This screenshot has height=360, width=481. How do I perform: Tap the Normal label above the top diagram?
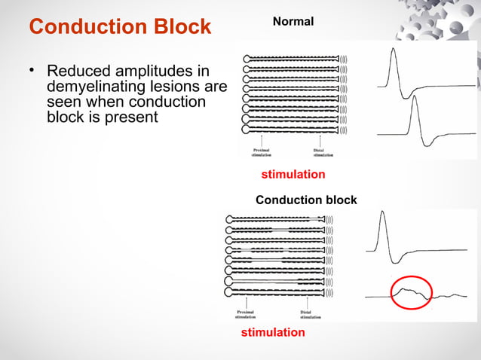coord(293,22)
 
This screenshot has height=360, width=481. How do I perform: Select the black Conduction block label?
coord(306,200)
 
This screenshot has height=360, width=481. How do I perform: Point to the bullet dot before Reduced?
coord(33,71)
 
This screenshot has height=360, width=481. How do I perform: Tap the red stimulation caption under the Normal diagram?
coord(293,174)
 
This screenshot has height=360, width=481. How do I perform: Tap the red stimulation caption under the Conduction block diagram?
coord(273,332)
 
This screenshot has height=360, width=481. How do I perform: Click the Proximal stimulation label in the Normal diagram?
coord(261,151)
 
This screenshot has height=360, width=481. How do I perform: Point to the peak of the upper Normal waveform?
coord(392,50)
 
